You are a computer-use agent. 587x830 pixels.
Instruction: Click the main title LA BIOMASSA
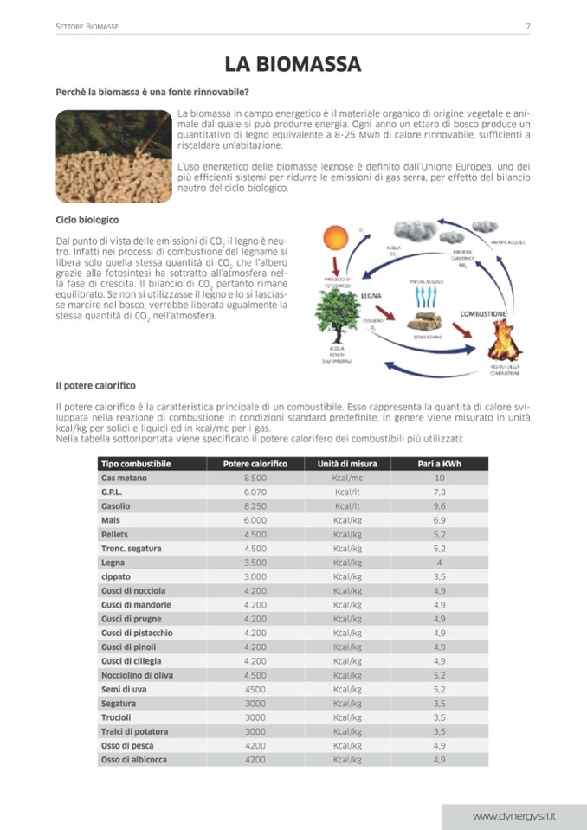(293, 64)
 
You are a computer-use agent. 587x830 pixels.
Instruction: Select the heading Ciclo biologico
(87, 220)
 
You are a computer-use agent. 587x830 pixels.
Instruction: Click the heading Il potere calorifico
(95, 384)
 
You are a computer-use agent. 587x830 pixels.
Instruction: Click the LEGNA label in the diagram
(371, 295)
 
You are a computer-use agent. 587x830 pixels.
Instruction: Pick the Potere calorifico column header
(255, 464)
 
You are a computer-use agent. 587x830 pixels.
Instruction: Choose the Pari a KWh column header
(440, 464)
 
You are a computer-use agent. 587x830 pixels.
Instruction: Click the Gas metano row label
(124, 478)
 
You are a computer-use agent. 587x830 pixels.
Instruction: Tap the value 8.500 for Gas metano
(255, 478)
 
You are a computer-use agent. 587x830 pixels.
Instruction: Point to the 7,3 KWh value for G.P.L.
(440, 492)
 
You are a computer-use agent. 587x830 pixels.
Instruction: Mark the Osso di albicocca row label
(134, 759)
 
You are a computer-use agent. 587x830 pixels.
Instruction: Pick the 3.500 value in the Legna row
(255, 563)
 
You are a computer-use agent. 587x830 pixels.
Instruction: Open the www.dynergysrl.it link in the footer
(514, 815)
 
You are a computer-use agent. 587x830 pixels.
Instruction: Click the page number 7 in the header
(528, 27)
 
